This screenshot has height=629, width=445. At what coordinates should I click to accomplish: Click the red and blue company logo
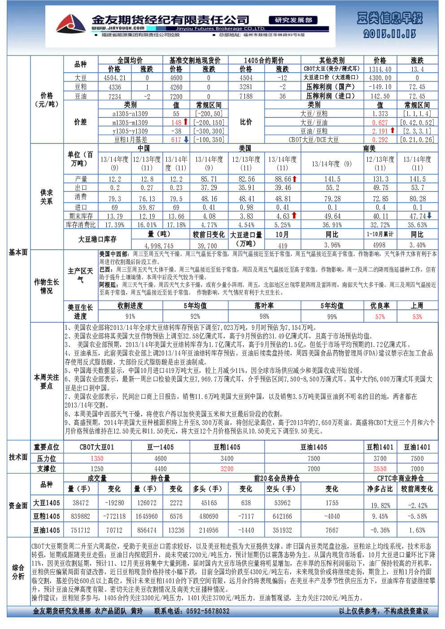[x=71, y=24]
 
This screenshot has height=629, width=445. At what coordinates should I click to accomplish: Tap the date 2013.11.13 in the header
[x=389, y=34]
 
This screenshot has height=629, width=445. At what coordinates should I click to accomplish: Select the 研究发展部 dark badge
[x=293, y=20]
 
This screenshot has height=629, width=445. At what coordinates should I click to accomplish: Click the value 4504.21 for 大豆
[x=115, y=78]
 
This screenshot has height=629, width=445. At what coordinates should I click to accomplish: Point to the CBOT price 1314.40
[x=380, y=69]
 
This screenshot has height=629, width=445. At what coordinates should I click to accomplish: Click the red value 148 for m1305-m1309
[x=176, y=122]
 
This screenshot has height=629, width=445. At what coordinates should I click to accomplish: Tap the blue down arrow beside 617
[x=186, y=139]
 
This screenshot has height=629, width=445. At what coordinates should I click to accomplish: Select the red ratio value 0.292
[x=380, y=139]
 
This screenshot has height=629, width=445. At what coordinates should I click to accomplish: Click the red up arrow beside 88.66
[x=294, y=178]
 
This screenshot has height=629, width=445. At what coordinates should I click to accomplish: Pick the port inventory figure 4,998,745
[x=159, y=246]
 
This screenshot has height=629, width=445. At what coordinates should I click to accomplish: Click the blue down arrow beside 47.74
[x=429, y=216]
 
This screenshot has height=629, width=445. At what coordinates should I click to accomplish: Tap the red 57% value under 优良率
[x=380, y=317]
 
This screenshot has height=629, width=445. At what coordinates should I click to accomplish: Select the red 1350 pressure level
[x=97, y=458]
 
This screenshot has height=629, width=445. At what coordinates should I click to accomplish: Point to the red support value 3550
[x=380, y=468]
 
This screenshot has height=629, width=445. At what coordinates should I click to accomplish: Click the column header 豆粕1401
[x=380, y=447]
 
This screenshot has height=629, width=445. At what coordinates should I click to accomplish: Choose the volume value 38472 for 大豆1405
[x=81, y=503]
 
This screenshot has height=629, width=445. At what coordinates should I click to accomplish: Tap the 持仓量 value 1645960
[x=147, y=516]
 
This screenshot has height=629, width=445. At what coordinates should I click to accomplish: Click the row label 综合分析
[x=18, y=572]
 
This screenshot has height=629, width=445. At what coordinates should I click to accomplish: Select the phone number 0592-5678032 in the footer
[x=208, y=611]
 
